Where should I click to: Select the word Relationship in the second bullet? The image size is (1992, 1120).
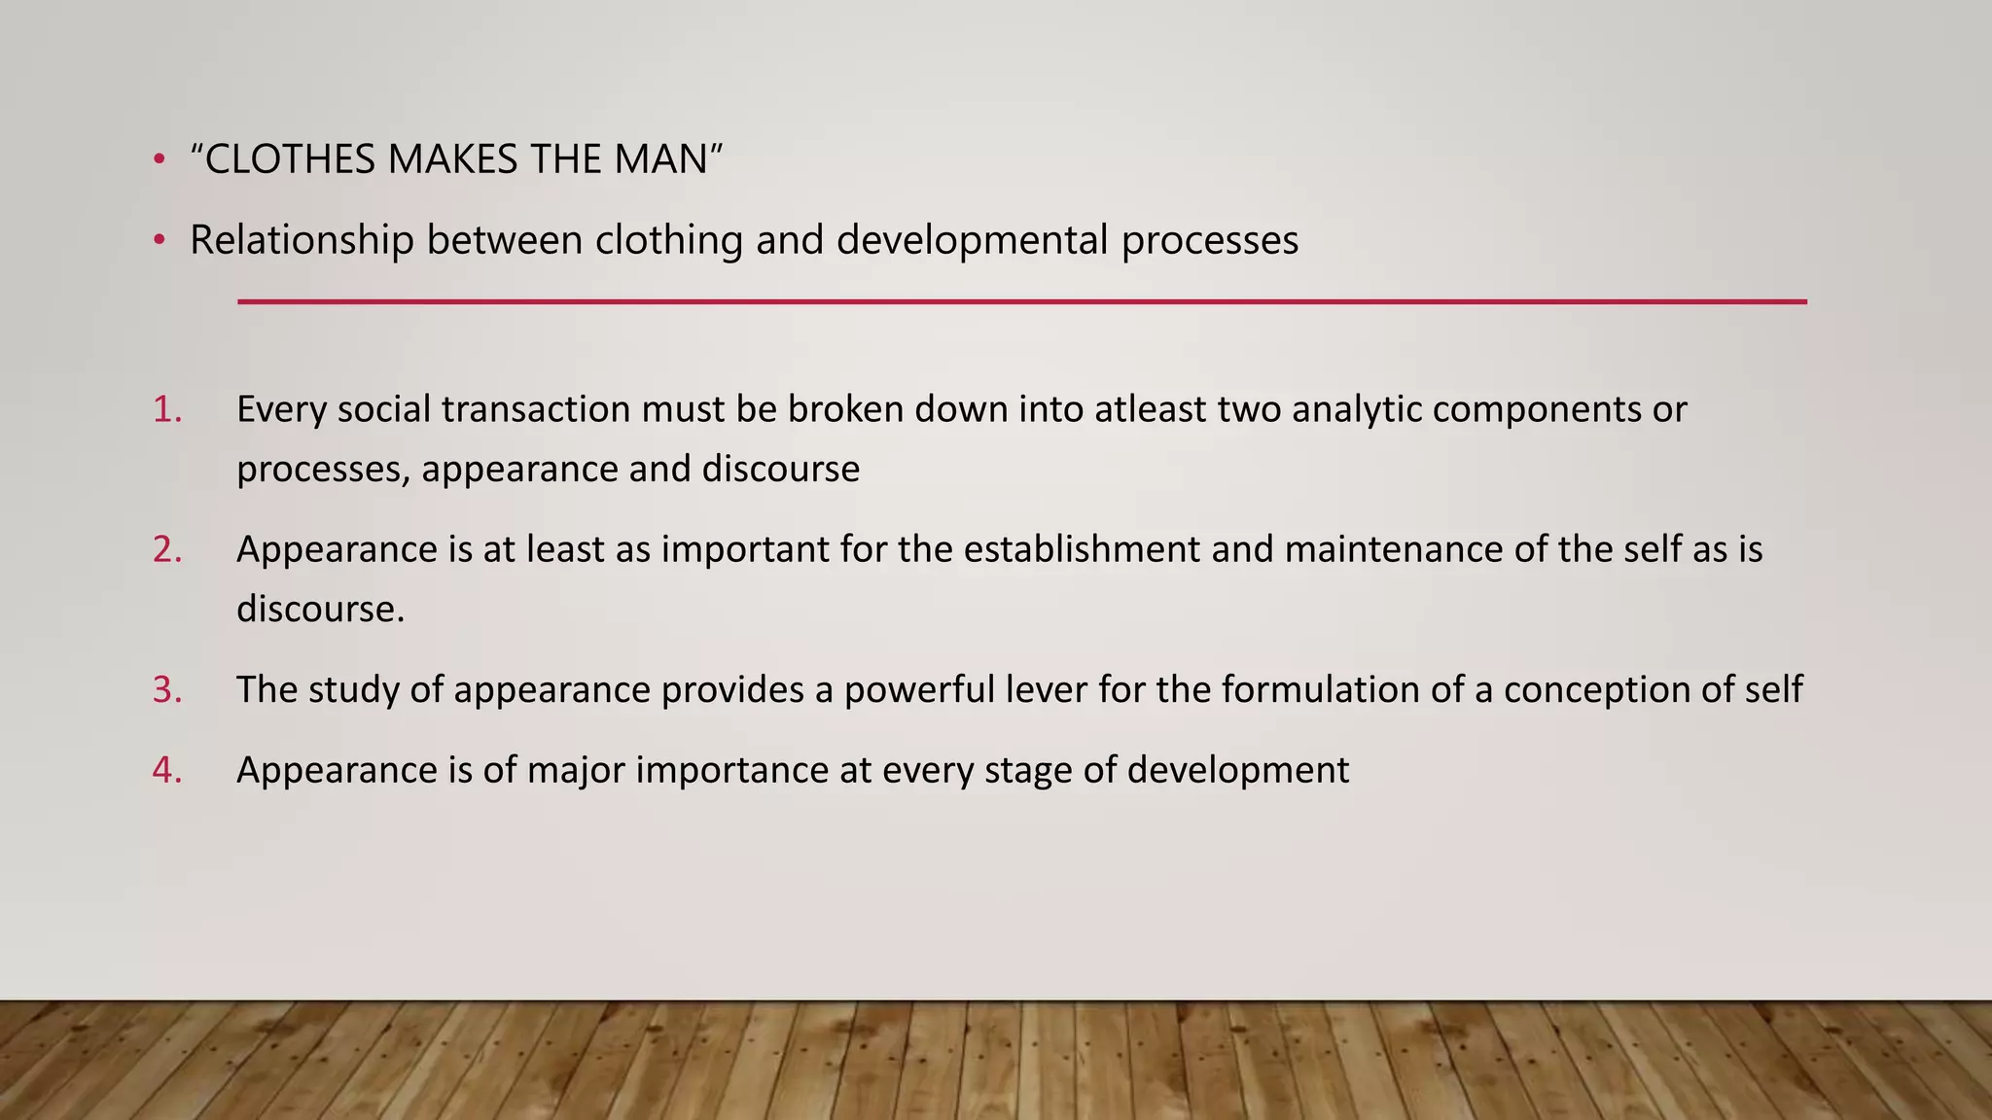click(302, 240)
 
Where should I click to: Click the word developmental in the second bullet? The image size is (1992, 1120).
click(972, 240)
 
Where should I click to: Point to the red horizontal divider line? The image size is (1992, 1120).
click(1021, 301)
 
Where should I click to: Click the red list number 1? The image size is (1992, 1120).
click(166, 409)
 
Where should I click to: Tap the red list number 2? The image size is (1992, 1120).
click(166, 549)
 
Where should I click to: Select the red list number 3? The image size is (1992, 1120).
click(166, 689)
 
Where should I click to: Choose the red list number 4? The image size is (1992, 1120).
click(166, 770)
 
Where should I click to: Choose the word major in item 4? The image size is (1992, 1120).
click(575, 770)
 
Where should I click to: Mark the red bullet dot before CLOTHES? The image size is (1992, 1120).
click(159, 160)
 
